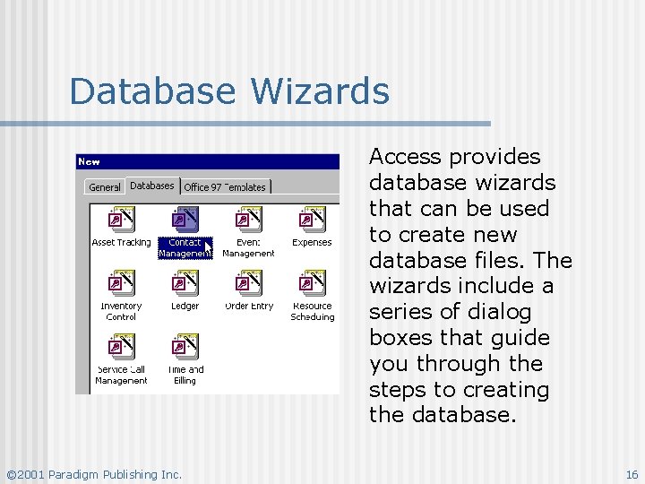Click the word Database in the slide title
coord(155,91)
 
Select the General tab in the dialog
coord(105,187)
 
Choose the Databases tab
coord(152,186)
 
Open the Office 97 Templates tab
coord(225,187)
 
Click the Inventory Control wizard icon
coord(121,283)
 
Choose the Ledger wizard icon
coord(185,283)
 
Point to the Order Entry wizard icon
coord(248,283)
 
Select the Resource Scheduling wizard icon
coord(312,283)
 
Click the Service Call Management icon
coord(121,347)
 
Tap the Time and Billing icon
coord(185,347)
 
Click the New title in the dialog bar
coord(90,162)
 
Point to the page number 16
coord(632,474)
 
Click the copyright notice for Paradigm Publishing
coord(94,474)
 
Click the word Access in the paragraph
coord(407,158)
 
